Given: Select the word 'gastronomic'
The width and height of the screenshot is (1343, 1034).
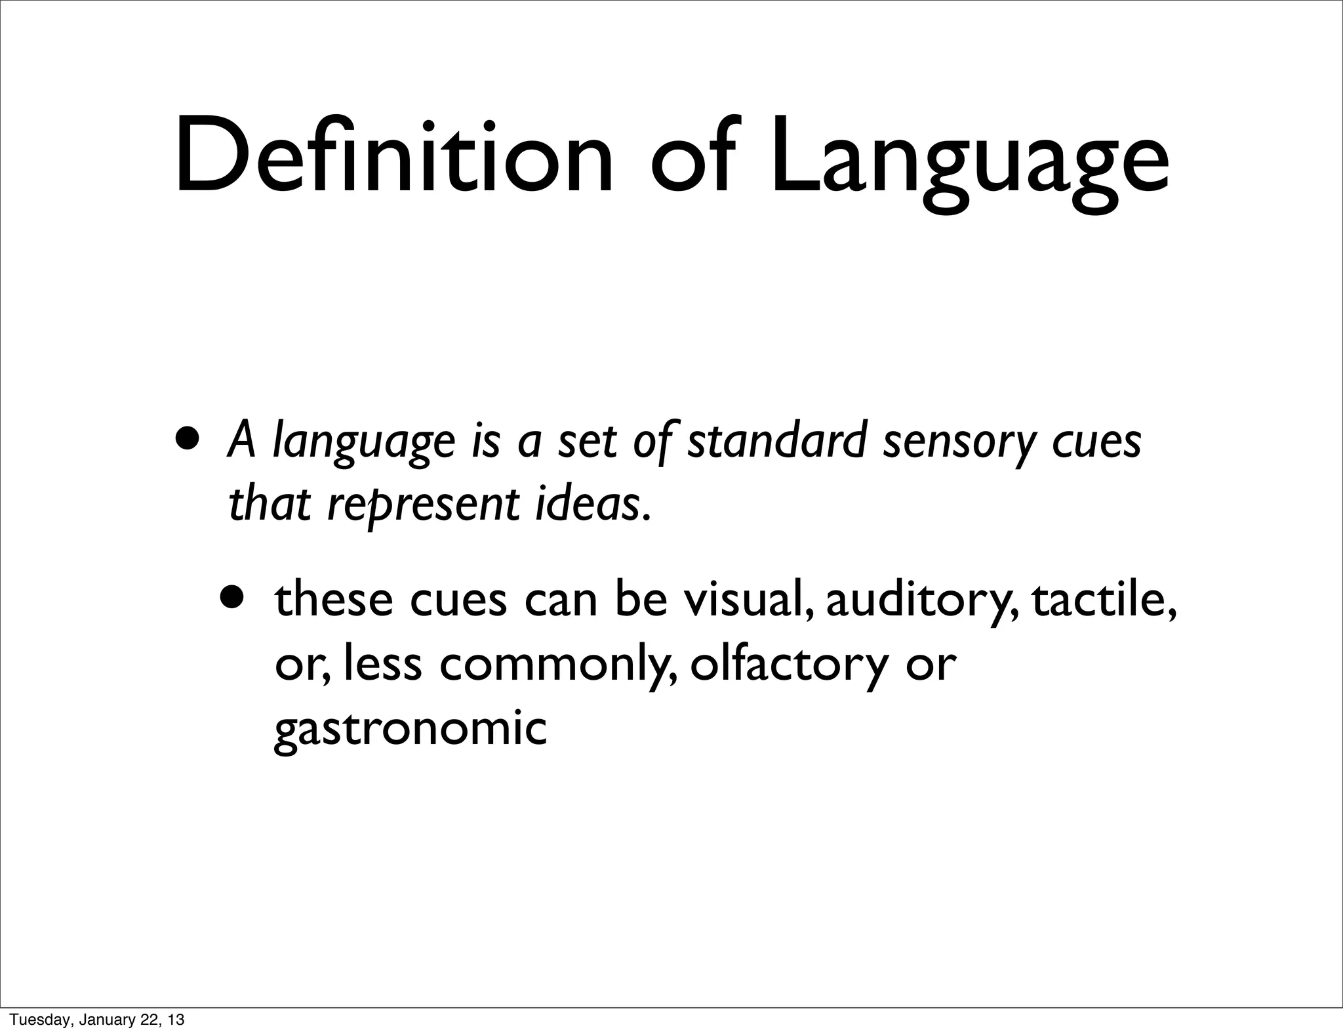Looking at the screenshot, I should click(411, 731).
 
